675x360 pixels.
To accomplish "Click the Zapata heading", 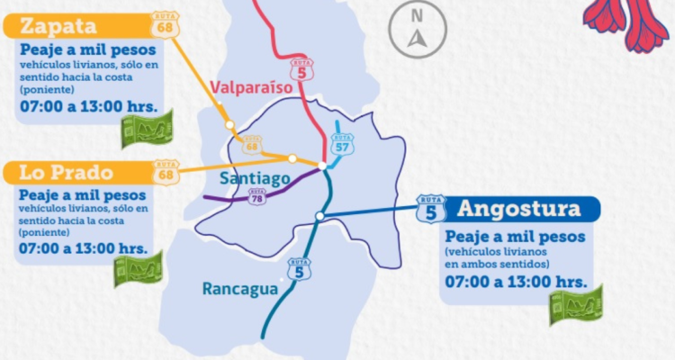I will (53, 24).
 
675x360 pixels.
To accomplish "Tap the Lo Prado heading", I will (60, 172).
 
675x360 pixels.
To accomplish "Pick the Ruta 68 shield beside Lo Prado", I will (166, 172).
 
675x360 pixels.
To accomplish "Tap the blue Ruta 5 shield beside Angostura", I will (431, 208).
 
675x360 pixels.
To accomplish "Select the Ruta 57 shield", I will (342, 144).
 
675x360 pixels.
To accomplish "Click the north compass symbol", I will (417, 28).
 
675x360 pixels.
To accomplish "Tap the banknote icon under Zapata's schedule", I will (147, 130).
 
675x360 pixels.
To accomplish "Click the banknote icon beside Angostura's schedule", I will (575, 304).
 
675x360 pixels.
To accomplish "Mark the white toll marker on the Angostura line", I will (320, 216).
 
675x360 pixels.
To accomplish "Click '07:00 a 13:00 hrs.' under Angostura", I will (513, 283).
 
